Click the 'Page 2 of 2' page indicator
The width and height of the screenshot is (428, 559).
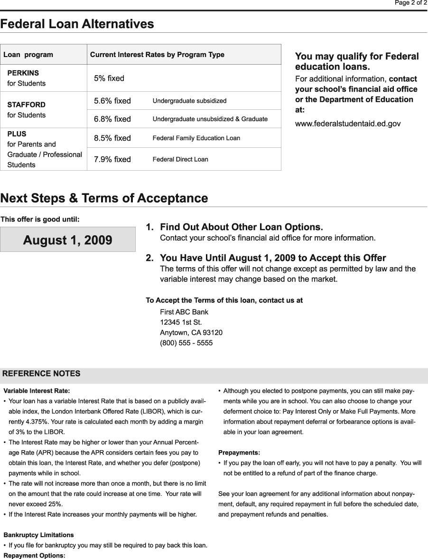[411, 3]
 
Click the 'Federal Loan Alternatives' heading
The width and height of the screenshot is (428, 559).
[77, 24]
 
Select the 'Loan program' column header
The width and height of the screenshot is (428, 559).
[28, 55]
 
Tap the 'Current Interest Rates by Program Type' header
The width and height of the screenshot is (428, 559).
[157, 55]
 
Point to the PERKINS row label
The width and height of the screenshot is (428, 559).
[23, 73]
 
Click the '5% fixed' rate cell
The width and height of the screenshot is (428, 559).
[109, 78]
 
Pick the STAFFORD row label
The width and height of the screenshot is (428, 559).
[27, 105]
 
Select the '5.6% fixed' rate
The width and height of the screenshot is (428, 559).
[112, 101]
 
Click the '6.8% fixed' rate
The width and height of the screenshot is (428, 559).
[112, 119]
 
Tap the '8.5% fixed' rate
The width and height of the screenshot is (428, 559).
[112, 138]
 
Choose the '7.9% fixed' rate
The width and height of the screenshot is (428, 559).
[112, 159]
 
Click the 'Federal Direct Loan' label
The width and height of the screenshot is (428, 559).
[180, 159]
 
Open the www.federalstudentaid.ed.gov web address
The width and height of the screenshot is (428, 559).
[348, 124]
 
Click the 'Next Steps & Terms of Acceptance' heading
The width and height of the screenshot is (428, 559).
[104, 198]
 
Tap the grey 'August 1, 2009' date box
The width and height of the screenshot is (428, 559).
[68, 240]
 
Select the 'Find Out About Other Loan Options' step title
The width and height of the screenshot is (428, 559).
[241, 227]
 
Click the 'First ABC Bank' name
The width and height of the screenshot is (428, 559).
[184, 312]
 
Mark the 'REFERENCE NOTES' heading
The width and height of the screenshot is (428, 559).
[41, 374]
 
